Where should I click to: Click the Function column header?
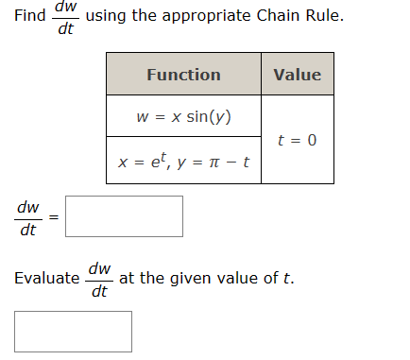183,75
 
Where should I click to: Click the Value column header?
297,75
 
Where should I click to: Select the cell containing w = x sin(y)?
183,117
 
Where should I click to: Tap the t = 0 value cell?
297,140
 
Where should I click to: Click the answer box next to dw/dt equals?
124,216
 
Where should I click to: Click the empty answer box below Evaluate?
74,332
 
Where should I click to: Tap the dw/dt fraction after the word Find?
65,17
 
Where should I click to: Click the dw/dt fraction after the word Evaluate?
99,279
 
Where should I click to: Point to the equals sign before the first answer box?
54,217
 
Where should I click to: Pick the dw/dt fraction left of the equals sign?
28,217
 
